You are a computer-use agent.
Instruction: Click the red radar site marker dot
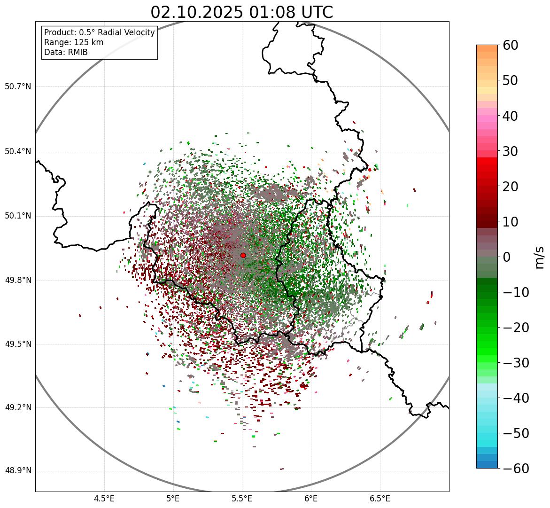coord(243,255)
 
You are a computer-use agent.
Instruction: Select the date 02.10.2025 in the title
coord(197,12)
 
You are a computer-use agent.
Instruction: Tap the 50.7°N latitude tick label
coord(18,87)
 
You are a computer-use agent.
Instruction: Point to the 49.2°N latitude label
coord(18,407)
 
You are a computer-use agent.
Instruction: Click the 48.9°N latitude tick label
coord(18,471)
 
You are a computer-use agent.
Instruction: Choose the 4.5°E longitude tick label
coord(104,499)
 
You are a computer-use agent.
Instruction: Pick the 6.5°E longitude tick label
coord(380,499)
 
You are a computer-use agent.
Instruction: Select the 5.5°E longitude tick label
coord(242,499)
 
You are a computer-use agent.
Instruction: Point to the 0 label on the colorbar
coord(507,257)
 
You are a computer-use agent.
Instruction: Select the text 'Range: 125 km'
coord(74,42)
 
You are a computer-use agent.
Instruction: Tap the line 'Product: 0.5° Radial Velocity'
coord(99,32)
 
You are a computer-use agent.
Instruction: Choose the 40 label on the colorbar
coord(511,116)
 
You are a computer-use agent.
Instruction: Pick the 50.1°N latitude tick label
coord(18,216)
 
